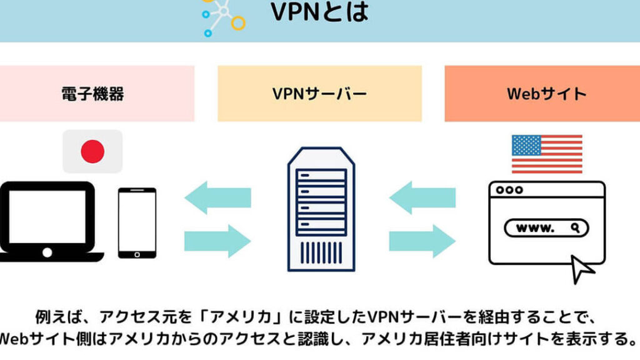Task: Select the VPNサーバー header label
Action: coord(319,94)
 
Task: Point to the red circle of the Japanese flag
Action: coord(92,151)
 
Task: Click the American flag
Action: coord(546,154)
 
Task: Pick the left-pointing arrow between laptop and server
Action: coord(218,197)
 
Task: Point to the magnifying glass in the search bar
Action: coord(574,228)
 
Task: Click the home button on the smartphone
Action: coord(137,254)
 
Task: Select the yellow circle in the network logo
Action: coord(237,22)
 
